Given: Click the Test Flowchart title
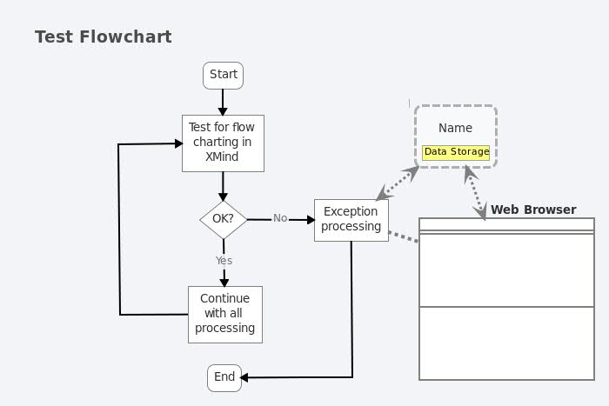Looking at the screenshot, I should tap(103, 37).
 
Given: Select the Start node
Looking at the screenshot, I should tap(223, 75).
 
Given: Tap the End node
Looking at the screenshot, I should tap(224, 377).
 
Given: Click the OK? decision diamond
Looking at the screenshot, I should tap(223, 219).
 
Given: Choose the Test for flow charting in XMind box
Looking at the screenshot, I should tap(223, 143).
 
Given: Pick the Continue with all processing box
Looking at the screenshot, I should tap(224, 314).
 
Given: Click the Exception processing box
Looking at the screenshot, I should tap(351, 219).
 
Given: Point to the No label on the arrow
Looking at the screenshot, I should tap(280, 218).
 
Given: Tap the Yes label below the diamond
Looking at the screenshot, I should tap(224, 260).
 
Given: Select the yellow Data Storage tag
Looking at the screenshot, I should tap(456, 152).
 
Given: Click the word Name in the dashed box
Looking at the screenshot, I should tap(455, 128).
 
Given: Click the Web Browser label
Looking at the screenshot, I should tap(532, 210).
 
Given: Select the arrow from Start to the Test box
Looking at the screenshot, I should tap(223, 102).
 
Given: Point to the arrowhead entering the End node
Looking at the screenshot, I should tap(244, 377).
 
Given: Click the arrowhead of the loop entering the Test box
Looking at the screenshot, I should tap(177, 143).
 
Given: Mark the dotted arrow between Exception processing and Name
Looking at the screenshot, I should tap(397, 184).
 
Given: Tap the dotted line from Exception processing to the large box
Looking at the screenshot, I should tap(403, 236).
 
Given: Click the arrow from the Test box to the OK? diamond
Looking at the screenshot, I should tap(223, 186).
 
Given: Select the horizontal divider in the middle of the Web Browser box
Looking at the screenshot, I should tap(506, 307).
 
